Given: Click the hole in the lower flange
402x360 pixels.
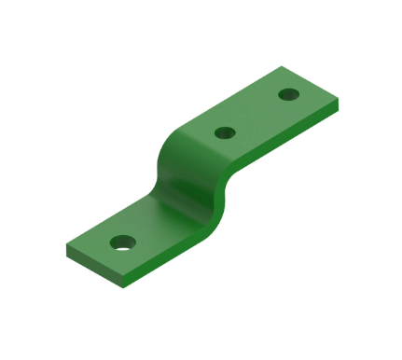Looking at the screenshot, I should tap(122, 243).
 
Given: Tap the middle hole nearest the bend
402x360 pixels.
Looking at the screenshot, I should tap(224, 132).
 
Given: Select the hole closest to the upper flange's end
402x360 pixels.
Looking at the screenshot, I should tap(289, 95).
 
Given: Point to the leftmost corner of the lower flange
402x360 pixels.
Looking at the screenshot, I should tap(65, 247).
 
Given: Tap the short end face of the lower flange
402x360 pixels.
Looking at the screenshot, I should tap(92, 268).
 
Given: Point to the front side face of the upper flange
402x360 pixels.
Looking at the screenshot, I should tap(289, 135).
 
